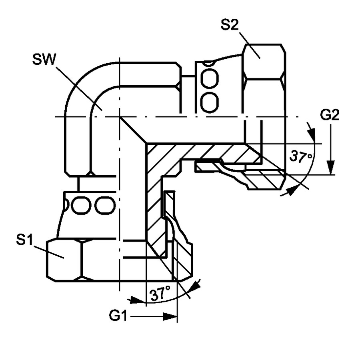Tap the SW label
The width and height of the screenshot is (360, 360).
coord(44,59)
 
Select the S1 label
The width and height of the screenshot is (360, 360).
coord(24,240)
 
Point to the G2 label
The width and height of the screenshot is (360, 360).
coord(330,115)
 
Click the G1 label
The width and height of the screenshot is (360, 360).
coord(118,316)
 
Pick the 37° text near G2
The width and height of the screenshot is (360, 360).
coord(301,157)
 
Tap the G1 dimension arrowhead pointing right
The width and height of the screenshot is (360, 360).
coord(170,316)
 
